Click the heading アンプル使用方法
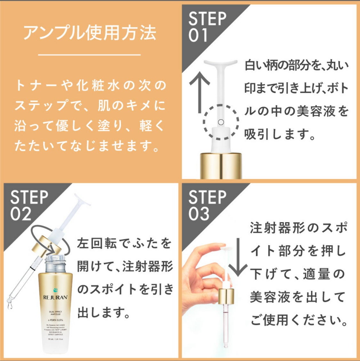pyautogui.click(x=90, y=33)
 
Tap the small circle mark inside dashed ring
pyautogui.click(x=220, y=122)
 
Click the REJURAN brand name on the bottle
pyautogui.click(x=55, y=297)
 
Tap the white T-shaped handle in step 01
pyautogui.click(x=220, y=66)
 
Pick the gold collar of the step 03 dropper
pyautogui.click(x=226, y=296)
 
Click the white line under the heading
pyautogui.click(x=89, y=55)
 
